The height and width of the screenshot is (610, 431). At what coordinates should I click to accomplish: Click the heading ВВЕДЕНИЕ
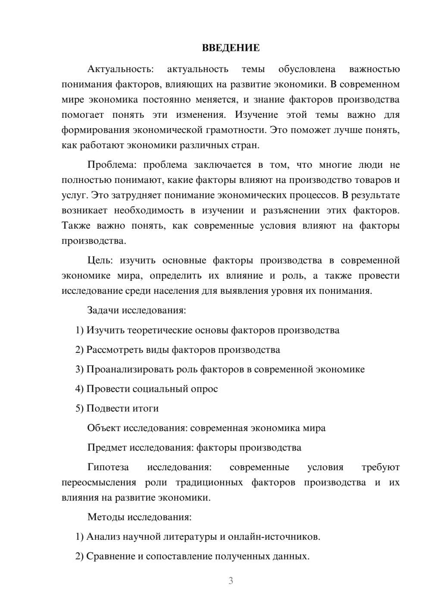tap(231, 48)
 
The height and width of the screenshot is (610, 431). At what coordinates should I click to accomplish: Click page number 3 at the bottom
tap(231, 581)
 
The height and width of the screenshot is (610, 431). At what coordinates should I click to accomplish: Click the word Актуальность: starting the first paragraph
tap(120, 69)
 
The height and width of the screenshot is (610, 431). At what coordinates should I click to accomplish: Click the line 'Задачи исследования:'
tap(137, 311)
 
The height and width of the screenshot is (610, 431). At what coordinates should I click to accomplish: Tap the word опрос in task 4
tap(204, 389)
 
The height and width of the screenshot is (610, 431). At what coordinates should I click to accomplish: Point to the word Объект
tap(104, 428)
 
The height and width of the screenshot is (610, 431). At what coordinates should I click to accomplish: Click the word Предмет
tap(106, 448)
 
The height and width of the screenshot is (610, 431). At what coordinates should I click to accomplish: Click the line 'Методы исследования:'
tap(139, 517)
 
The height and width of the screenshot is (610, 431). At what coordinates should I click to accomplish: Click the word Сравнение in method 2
tap(111, 557)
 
